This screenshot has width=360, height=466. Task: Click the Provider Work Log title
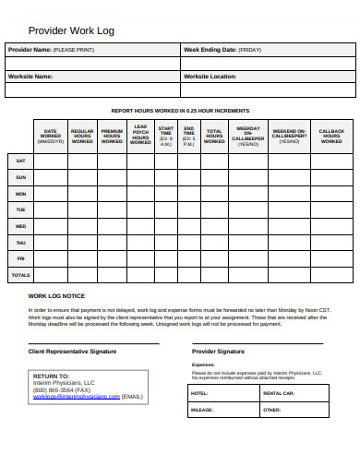point(71,30)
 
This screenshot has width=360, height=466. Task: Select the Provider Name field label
point(47,50)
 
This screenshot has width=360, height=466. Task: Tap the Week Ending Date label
point(222,50)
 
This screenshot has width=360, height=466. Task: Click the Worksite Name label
point(30,77)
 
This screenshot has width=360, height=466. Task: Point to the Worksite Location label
point(218,77)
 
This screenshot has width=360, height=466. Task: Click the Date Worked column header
point(51,136)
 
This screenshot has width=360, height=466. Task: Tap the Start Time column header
point(165,136)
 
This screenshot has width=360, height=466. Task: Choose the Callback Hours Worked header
point(331,136)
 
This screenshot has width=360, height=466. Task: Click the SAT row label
point(20,161)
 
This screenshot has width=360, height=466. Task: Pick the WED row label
point(20,226)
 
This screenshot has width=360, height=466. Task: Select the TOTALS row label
point(20,275)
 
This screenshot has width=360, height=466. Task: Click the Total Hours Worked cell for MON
point(214,194)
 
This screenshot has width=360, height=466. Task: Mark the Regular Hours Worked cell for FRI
point(82,258)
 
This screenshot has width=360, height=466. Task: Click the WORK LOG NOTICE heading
point(56,296)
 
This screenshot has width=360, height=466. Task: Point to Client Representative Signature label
point(73,352)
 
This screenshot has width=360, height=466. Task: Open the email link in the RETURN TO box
point(77,396)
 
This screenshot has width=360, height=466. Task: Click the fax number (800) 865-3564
point(57,389)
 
